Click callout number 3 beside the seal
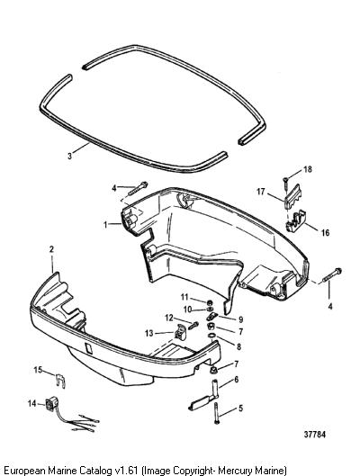pos(70,156)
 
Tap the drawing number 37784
pos(314,435)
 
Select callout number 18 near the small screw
pos(308,169)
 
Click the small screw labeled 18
pos(285,184)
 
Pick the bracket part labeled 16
pos(295,221)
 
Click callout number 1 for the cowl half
pos(105,225)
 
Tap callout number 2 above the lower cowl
pos(51,249)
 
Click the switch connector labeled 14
pos(49,404)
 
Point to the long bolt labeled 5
pos(216,412)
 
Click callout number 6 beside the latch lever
pos(236,380)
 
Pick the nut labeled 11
pos(209,302)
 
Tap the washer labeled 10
pos(209,309)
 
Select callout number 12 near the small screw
pos(169,318)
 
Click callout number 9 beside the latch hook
pos(241,319)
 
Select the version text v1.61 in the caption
pos(127,470)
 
